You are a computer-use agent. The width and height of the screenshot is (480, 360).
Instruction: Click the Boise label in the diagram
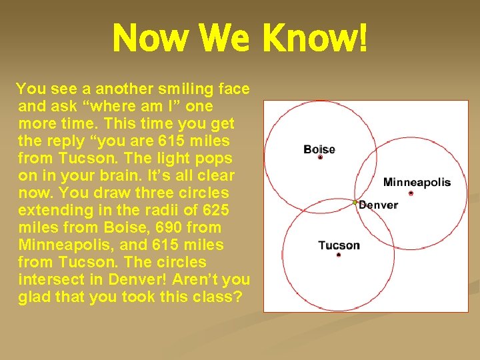pyautogui.click(x=319, y=149)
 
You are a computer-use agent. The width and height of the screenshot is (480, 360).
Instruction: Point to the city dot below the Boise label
pyautogui.click(x=320, y=158)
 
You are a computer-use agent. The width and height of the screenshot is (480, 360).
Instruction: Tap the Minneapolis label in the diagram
pyautogui.click(x=417, y=182)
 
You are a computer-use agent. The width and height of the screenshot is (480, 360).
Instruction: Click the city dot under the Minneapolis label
pyautogui.click(x=411, y=193)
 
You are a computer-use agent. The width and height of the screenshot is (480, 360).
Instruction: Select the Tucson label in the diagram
pyautogui.click(x=339, y=245)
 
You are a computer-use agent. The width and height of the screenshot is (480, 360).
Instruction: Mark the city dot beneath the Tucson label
pyautogui.click(x=339, y=255)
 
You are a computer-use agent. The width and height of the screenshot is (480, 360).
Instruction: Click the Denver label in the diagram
pyautogui.click(x=379, y=205)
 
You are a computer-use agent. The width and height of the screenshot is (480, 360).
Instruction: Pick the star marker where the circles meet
pyautogui.click(x=355, y=201)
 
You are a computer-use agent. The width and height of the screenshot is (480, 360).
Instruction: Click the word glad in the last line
pyautogui.click(x=37, y=297)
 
